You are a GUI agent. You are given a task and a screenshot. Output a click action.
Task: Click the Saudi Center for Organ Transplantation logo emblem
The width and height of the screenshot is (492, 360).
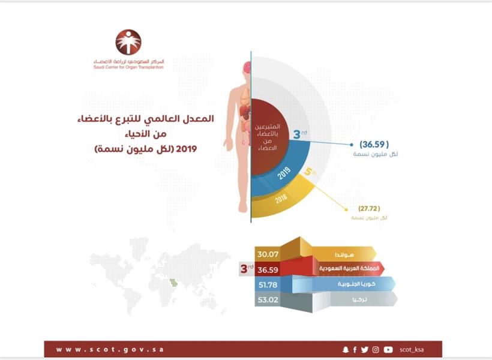[128, 42]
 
